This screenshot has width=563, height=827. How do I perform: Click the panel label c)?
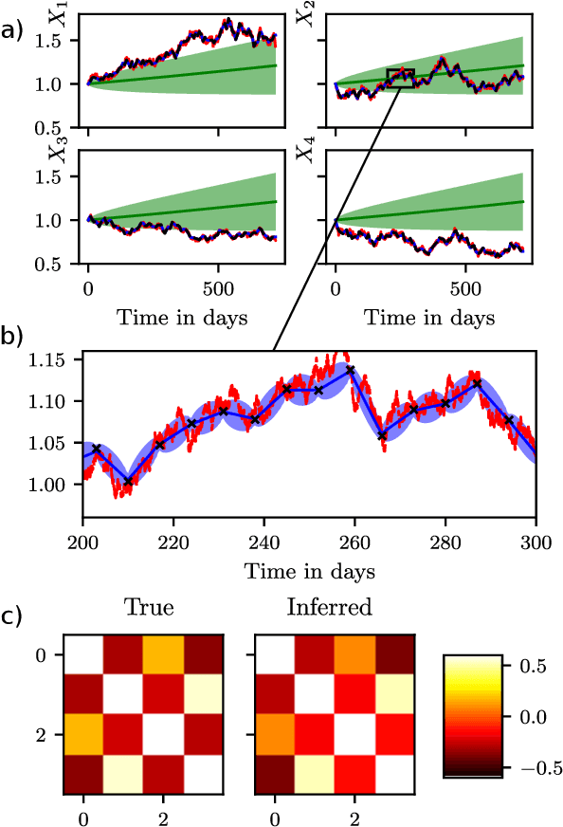click(13, 616)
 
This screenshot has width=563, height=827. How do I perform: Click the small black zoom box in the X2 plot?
click(400, 78)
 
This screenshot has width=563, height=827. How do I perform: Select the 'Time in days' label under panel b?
click(309, 571)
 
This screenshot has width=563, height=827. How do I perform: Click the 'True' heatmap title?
click(151, 607)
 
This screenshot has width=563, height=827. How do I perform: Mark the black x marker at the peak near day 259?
click(351, 370)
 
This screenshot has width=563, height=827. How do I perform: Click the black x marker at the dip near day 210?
click(129, 481)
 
